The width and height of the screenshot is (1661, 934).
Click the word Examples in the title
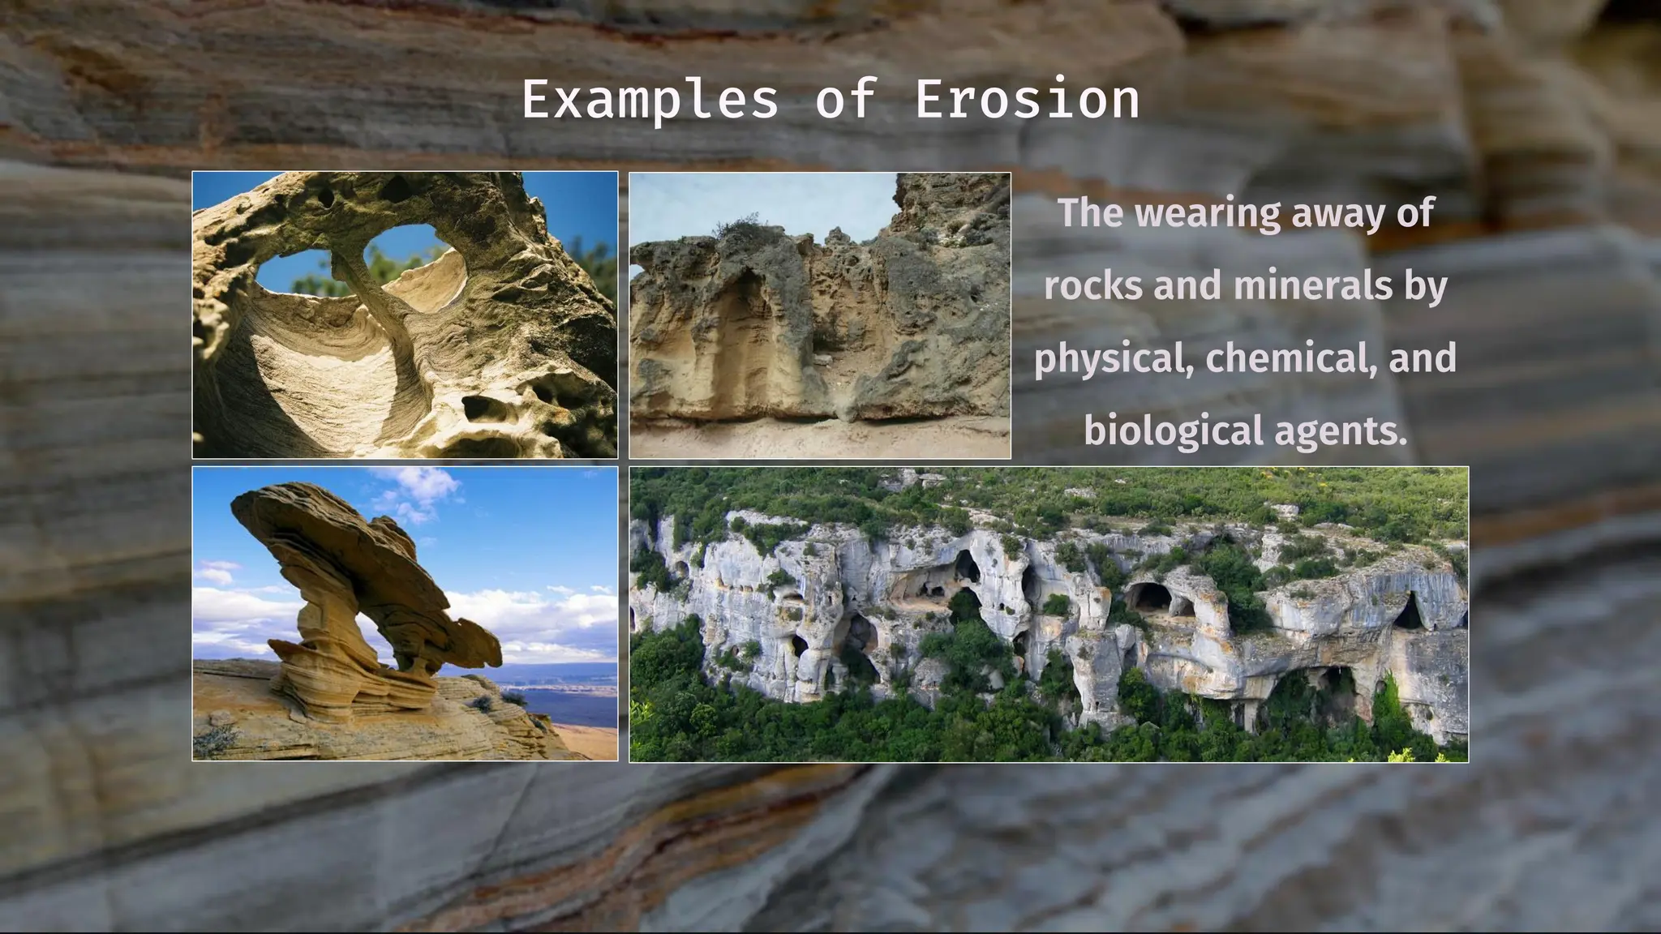coord(649,101)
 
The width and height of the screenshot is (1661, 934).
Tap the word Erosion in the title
coord(1027,101)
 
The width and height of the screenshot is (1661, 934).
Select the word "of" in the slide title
coord(846,101)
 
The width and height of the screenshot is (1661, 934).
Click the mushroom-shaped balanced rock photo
coord(405,614)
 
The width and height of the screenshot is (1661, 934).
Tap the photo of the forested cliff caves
coord(1048,614)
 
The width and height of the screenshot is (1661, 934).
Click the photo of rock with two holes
coord(405,315)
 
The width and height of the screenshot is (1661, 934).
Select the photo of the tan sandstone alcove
coord(819,315)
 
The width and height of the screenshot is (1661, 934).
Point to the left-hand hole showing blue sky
coord(296,274)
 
